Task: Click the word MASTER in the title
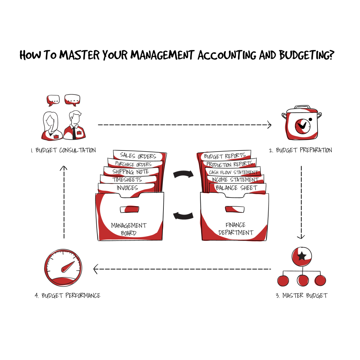point(79,55)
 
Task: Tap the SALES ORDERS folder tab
point(138,156)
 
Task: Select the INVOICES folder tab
point(127,188)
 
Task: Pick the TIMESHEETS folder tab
point(127,180)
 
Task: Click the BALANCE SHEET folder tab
point(237,188)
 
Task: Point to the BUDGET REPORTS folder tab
point(225,156)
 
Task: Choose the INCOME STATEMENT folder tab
point(235,180)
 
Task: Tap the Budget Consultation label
point(63,150)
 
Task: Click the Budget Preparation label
point(301,150)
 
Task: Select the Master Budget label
point(302,295)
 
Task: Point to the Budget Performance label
point(67,295)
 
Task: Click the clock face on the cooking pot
point(302,126)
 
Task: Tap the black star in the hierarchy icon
point(302,256)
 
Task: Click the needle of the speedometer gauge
point(68,267)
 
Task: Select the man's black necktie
point(74,133)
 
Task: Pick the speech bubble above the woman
point(53,100)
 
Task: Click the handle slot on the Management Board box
point(129,209)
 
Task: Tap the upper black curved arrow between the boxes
point(183,174)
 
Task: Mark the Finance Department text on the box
point(236,229)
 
